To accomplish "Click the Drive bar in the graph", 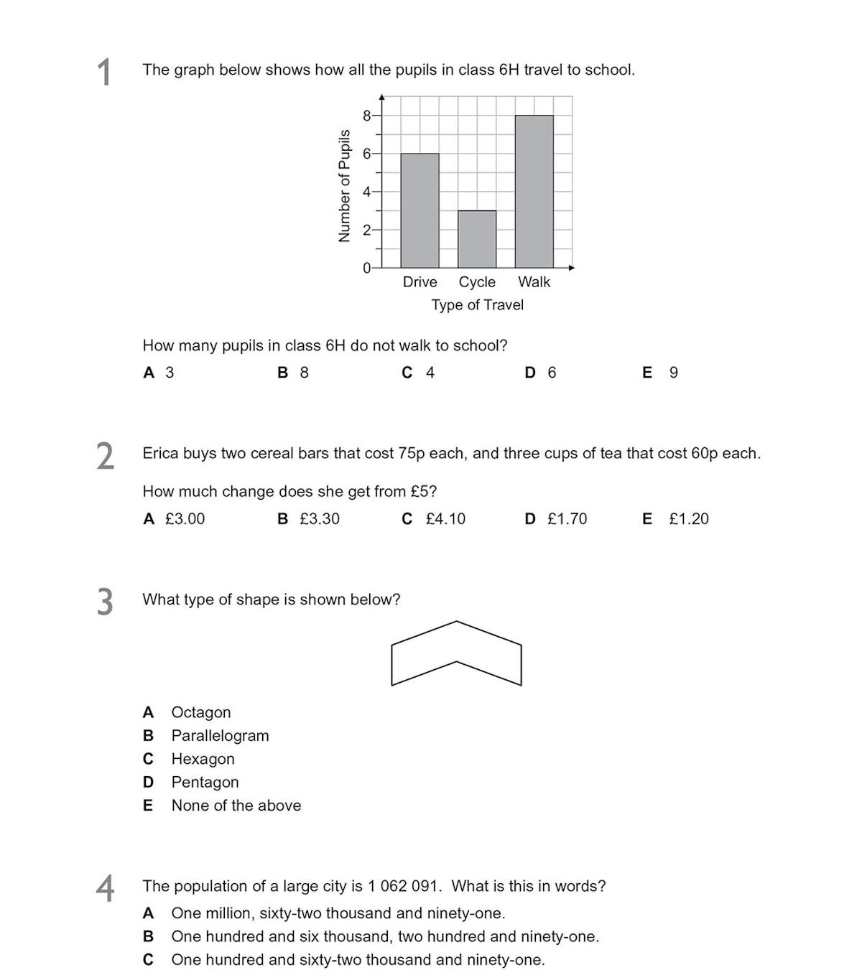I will (420, 210).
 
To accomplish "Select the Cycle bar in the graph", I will (477, 239).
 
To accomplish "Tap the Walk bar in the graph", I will (534, 191).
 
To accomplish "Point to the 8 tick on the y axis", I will (366, 116).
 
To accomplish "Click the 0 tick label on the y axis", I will (366, 268).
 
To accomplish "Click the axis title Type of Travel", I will (477, 305).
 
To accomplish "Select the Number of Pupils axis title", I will (344, 186).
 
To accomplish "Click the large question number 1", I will (105, 73).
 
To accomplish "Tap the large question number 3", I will (105, 602).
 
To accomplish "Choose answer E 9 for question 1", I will (661, 373).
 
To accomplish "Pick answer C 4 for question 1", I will (419, 373).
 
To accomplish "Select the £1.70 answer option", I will (557, 519).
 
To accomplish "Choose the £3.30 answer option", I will (310, 519).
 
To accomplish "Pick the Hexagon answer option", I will (203, 759).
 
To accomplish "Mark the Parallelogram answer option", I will (220, 736).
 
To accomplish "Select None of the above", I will (236, 806).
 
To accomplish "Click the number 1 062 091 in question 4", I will (402, 887).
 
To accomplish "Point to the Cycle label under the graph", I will (477, 282).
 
